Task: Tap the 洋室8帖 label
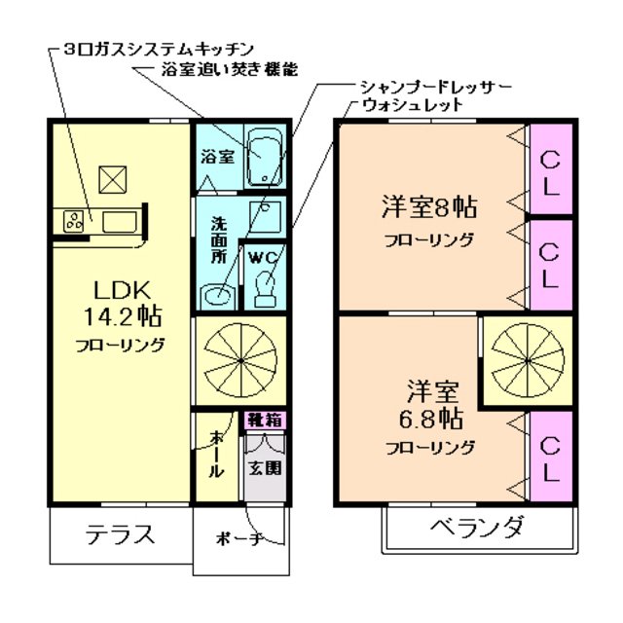tap(428, 206)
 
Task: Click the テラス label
tap(119, 533)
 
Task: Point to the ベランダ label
tap(476, 530)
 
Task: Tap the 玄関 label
tap(264, 468)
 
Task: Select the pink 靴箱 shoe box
tap(265, 421)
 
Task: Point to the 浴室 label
tap(217, 156)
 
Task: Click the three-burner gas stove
tap(74, 221)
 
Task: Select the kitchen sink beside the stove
tap(118, 221)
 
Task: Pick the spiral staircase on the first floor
tap(240, 358)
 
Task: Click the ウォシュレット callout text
tap(411, 105)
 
